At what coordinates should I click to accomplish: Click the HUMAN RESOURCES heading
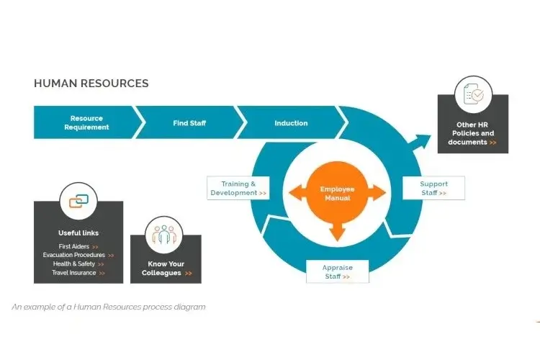tap(91, 84)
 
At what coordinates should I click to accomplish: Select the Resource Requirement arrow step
tap(86, 122)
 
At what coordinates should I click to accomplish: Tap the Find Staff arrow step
tap(189, 123)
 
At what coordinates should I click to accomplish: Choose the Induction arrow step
tap(291, 123)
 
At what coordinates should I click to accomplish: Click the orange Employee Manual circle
tap(337, 193)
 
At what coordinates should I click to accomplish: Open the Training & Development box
tap(239, 189)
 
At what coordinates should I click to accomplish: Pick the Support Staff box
tap(433, 189)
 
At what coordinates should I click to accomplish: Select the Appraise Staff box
tap(337, 272)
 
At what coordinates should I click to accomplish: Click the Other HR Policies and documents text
tap(472, 133)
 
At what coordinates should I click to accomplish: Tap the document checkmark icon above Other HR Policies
tap(473, 94)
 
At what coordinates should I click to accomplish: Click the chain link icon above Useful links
tap(78, 201)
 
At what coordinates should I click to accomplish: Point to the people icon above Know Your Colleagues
tap(165, 235)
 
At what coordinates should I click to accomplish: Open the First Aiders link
tap(78, 246)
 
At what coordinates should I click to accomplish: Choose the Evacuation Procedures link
tap(78, 255)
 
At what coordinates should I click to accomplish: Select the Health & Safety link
tap(78, 264)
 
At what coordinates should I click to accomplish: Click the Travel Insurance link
tap(78, 273)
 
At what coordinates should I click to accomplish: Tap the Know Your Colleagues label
tap(166, 269)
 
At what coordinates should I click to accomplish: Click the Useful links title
tap(78, 233)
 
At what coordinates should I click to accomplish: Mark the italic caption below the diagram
tap(109, 307)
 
